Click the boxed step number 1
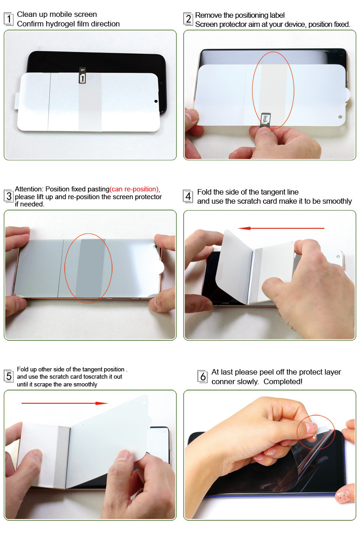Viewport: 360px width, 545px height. (8, 19)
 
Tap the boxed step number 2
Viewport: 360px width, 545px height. (188, 19)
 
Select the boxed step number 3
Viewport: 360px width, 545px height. (8, 196)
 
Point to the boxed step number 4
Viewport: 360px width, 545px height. (188, 196)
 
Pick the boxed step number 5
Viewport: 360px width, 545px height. (8, 376)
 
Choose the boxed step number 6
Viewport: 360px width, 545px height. (203, 376)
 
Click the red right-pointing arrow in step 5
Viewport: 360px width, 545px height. (64, 403)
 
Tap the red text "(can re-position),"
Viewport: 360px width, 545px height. (135, 189)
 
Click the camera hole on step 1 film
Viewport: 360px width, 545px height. (156, 102)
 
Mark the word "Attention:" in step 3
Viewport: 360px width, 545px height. (29, 189)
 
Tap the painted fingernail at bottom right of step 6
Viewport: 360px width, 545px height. (342, 495)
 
